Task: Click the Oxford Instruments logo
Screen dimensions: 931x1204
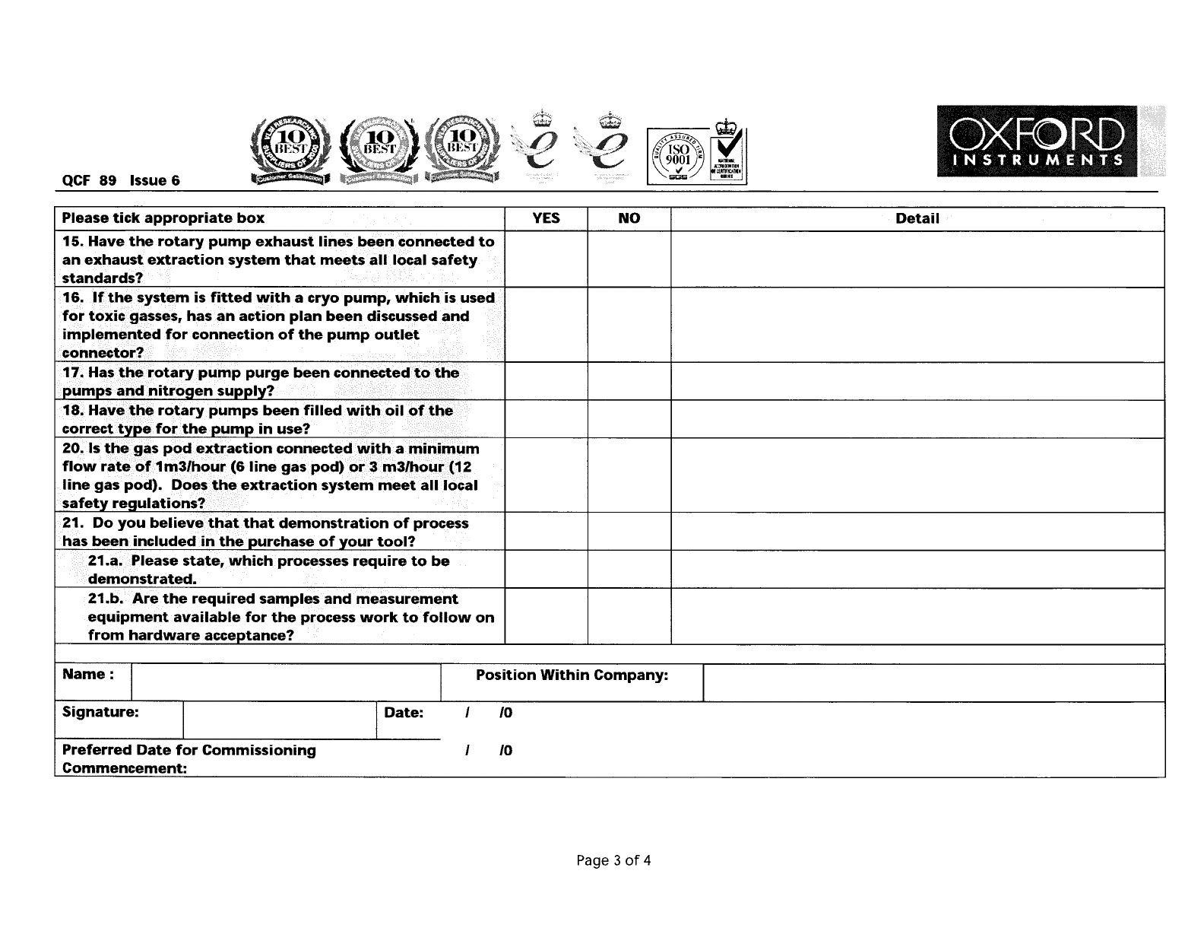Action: [x=1037, y=141]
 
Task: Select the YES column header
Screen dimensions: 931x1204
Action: [x=546, y=218]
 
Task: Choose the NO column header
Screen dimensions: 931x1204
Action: [x=629, y=218]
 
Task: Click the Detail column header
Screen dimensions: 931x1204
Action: [x=917, y=218]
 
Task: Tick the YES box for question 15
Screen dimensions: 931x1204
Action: [x=546, y=259]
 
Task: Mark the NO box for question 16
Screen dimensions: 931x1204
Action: [x=629, y=325]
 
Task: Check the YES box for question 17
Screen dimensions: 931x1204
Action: [x=546, y=381]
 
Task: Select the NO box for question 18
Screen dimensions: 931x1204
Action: [x=629, y=419]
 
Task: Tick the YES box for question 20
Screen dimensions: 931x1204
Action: [x=546, y=475]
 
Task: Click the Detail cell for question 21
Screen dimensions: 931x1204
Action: [x=917, y=532]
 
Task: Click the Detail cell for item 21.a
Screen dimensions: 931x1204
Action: [x=917, y=569]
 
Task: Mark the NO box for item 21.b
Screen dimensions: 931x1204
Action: [x=629, y=616]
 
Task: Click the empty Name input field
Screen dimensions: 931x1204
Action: [x=286, y=682]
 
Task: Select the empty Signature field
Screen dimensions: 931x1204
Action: [x=279, y=720]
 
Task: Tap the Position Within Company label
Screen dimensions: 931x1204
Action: [x=572, y=675]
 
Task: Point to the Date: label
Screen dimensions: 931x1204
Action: [x=403, y=713]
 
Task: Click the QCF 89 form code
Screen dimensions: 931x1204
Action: [x=89, y=180]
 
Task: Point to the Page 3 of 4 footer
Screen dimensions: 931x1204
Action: [x=613, y=860]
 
